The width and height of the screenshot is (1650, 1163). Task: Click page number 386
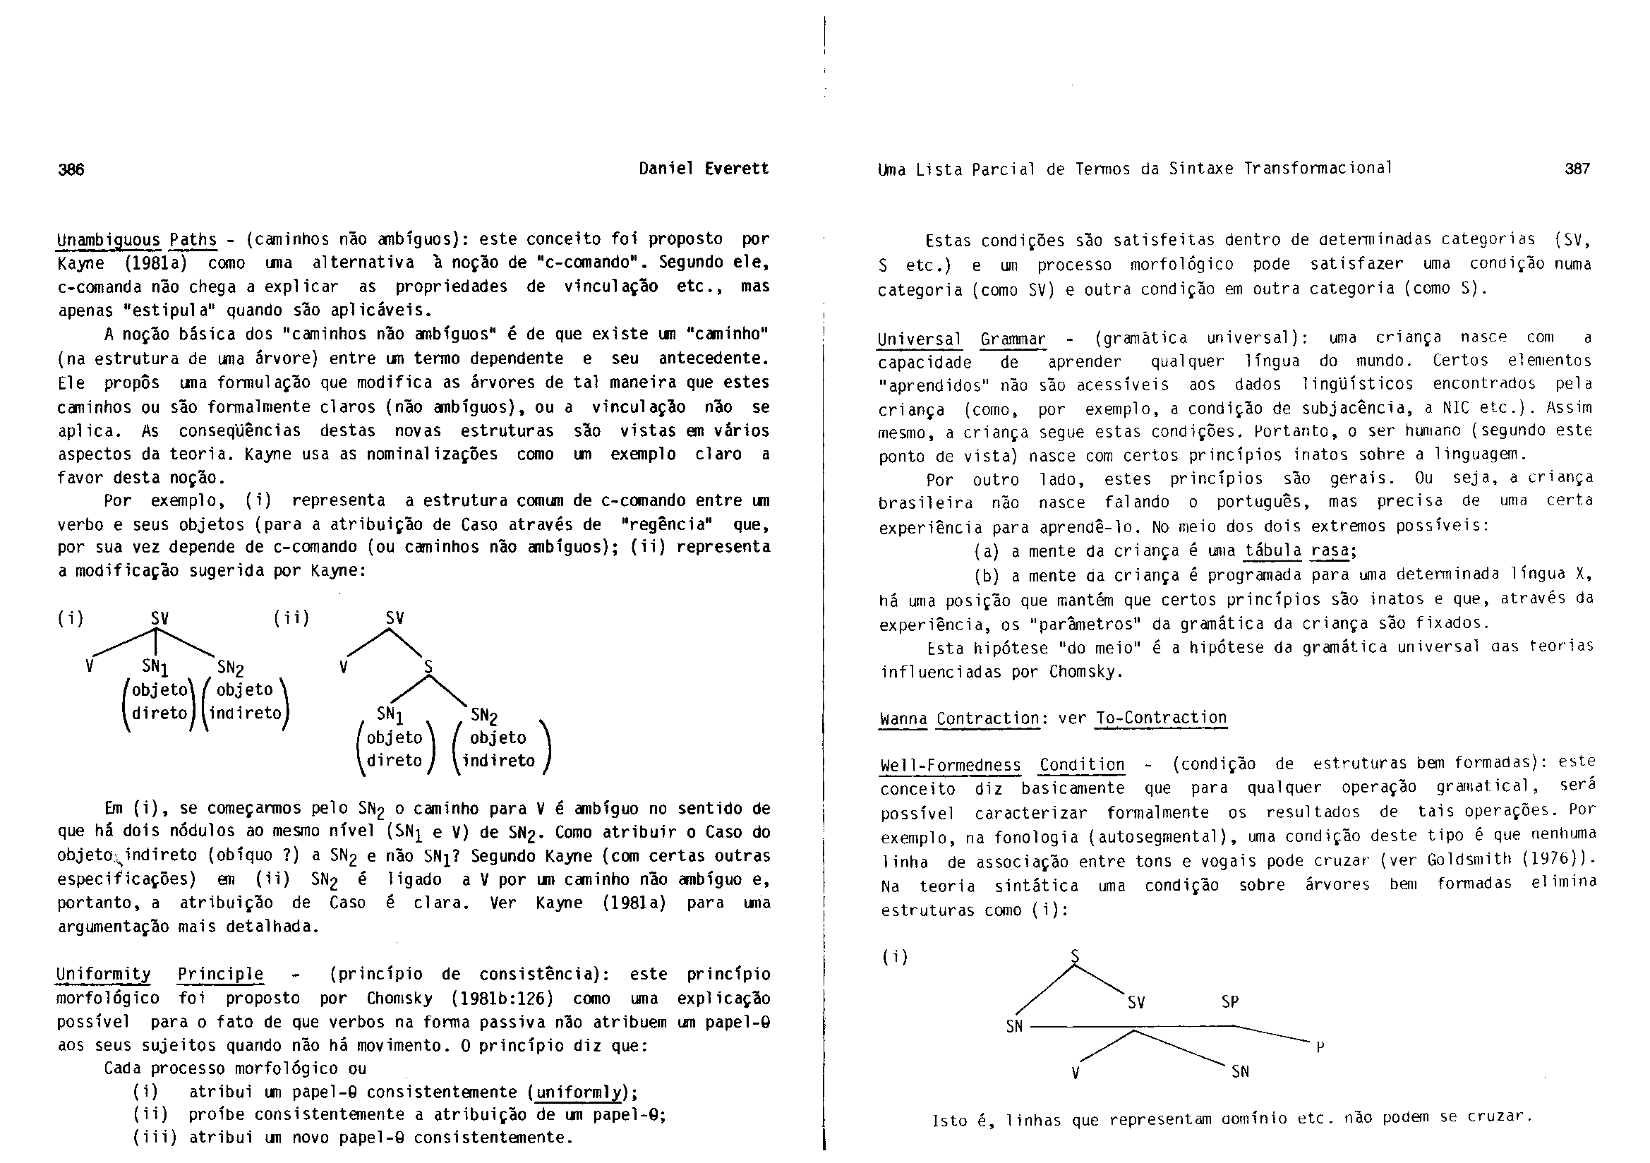pyautogui.click(x=71, y=169)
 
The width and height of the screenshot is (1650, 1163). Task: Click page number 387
pyautogui.click(x=1577, y=169)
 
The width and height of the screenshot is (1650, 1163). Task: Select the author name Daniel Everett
pyautogui.click(x=704, y=169)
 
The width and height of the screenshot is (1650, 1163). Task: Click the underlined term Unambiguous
pyautogui.click(x=109, y=239)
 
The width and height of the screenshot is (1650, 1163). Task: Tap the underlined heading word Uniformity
pyautogui.click(x=104, y=975)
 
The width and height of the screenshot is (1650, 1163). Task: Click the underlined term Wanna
pyautogui.click(x=903, y=718)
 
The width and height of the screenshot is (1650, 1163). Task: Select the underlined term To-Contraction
pyautogui.click(x=1161, y=718)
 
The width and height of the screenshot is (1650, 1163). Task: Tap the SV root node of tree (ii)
pyautogui.click(x=395, y=618)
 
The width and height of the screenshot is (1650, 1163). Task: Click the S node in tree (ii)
pyautogui.click(x=428, y=667)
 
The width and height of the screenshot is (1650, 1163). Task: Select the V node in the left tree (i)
pyautogui.click(x=89, y=665)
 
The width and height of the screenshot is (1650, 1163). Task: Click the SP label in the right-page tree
pyautogui.click(x=1229, y=1001)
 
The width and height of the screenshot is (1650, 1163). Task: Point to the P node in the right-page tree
pyautogui.click(x=1320, y=1047)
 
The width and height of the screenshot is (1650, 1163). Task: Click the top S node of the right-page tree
pyautogui.click(x=1075, y=956)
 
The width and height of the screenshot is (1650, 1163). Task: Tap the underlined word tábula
pyautogui.click(x=1272, y=551)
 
